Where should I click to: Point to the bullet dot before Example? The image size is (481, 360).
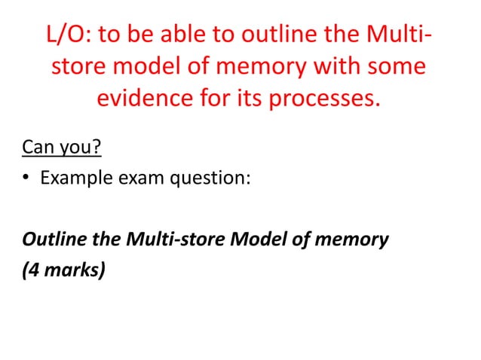[26, 178]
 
